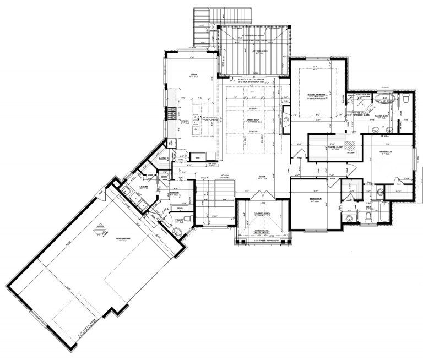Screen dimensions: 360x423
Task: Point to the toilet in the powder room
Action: point(187,219)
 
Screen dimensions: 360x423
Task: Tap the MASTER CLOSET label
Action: point(336,148)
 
